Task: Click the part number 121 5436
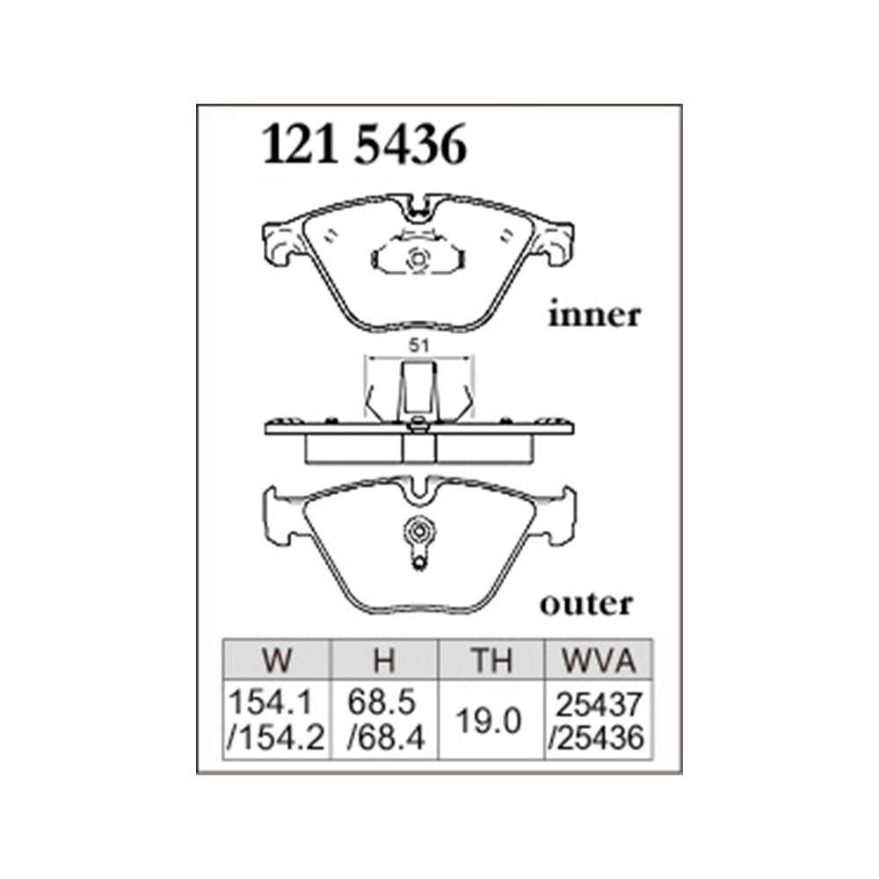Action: coord(365,145)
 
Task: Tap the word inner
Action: coord(594,315)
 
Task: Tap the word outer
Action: coord(586,604)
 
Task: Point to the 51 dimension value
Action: coord(418,345)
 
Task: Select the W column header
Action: coord(277,660)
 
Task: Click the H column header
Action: coord(385,660)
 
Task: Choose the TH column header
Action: coord(491,660)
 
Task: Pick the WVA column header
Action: coord(599,660)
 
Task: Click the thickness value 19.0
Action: coord(489,721)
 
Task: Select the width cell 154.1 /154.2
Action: coord(276,721)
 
